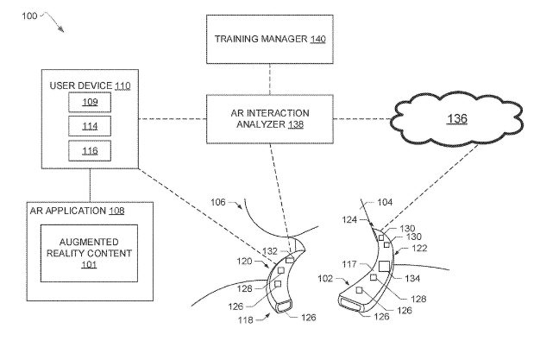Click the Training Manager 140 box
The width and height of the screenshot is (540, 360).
(x=269, y=39)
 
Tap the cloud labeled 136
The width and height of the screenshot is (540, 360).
(x=456, y=117)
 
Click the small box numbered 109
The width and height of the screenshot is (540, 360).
(x=91, y=102)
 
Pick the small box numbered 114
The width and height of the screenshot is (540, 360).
(x=91, y=126)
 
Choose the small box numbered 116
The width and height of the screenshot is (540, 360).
(x=91, y=150)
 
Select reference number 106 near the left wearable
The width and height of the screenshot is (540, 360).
(x=221, y=204)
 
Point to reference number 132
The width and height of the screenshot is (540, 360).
(x=272, y=250)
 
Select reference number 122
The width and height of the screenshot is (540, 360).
(x=422, y=248)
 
